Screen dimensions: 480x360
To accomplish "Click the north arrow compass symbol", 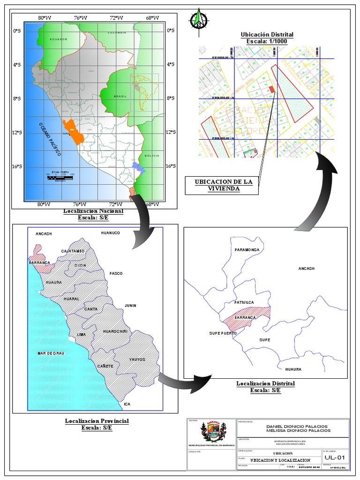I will point(199,19).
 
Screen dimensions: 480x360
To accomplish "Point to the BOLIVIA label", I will point(151,156).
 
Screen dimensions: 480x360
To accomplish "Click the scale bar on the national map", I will point(60,177).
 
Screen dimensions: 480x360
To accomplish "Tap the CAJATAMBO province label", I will point(73,251).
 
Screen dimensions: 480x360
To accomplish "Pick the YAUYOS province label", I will point(137,360).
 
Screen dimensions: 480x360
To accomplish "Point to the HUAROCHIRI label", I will point(115,331).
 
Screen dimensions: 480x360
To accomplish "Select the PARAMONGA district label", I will point(247,250).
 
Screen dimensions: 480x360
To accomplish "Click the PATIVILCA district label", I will point(244,302).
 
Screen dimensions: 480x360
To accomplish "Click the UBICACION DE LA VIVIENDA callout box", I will point(221,185).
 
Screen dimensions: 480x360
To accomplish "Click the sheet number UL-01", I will point(335,458).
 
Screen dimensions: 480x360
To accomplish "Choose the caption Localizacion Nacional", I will point(93,211).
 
